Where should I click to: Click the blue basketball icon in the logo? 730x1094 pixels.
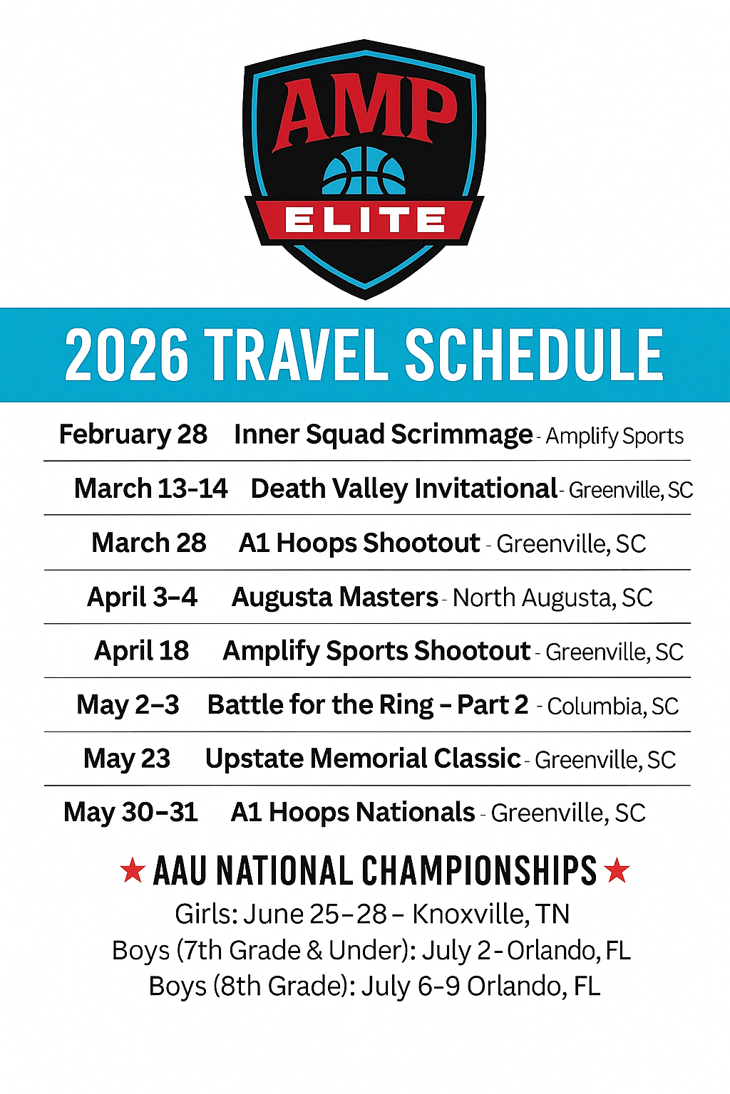tap(364, 172)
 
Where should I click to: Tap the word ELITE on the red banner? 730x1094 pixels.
tap(365, 220)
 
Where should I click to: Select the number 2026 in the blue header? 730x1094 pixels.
tap(127, 355)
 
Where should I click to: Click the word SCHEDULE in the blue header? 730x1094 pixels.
tap(534, 355)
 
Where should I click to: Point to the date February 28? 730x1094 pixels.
tap(133, 434)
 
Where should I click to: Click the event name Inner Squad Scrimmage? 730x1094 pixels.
tap(383, 434)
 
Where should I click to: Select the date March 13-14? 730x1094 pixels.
tap(151, 489)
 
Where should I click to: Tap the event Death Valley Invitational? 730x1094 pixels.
tap(403, 489)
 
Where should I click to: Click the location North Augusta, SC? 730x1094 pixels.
tap(552, 598)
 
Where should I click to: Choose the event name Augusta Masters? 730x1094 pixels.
tap(334, 597)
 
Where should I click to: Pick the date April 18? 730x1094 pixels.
tap(142, 651)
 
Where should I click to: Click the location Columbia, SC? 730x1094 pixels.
tap(612, 706)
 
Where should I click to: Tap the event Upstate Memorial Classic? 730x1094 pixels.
tap(363, 759)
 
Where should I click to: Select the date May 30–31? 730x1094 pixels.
tap(131, 813)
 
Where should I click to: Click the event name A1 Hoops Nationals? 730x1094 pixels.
tap(353, 813)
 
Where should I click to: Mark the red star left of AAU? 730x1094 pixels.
tap(133, 870)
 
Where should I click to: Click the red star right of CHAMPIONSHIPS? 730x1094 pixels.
tap(617, 870)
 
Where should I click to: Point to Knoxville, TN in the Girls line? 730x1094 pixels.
tap(491, 914)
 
